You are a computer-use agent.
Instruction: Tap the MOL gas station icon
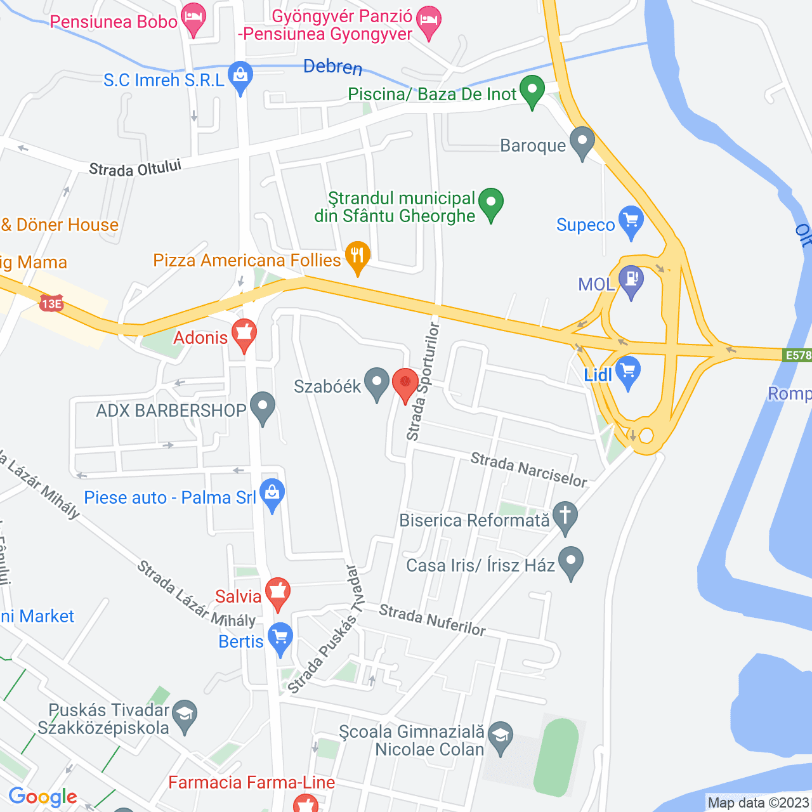point(631,280)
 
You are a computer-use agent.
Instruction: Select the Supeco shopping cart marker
point(631,221)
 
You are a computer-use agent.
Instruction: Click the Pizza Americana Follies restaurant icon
point(358,256)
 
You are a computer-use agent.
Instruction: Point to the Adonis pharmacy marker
point(244,334)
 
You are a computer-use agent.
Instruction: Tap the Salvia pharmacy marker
point(277,593)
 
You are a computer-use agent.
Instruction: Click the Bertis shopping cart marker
point(280,638)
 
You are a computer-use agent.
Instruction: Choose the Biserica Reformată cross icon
point(565,516)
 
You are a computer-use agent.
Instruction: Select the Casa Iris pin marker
point(571,561)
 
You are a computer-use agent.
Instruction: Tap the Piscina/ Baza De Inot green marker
point(532,90)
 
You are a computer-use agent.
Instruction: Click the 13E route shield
point(51,303)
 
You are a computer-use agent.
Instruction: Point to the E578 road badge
point(797,355)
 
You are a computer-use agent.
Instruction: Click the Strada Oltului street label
point(135,168)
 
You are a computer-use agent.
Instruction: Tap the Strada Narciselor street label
point(528,469)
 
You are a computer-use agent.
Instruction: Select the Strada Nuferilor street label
point(432,620)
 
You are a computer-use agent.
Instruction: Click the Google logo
point(43,797)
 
